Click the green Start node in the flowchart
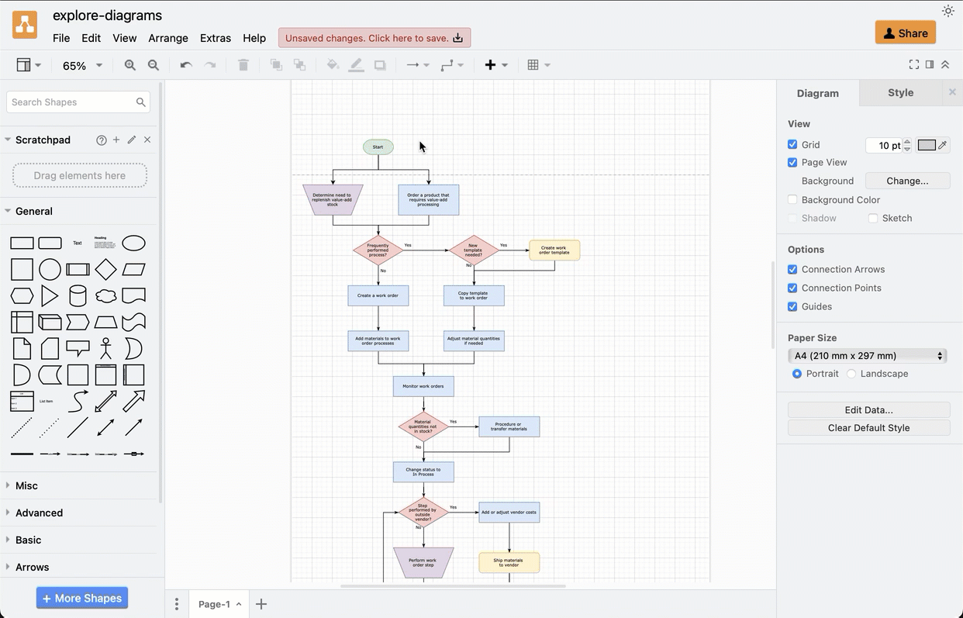[378, 147]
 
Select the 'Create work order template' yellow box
[554, 250]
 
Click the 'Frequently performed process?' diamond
[378, 250]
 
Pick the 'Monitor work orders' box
[423, 386]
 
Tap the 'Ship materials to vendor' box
[509, 563]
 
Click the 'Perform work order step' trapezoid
[423, 563]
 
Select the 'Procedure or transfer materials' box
[509, 426]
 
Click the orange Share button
[905, 33]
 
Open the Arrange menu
[168, 38]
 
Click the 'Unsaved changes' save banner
[374, 38]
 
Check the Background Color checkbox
[792, 200]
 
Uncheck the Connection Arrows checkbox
[792, 270]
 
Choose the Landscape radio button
[851, 374]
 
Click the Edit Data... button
[868, 409]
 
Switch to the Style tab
[900, 93]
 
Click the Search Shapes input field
[71, 102]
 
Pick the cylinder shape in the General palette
[78, 295]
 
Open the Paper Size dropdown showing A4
[868, 356]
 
